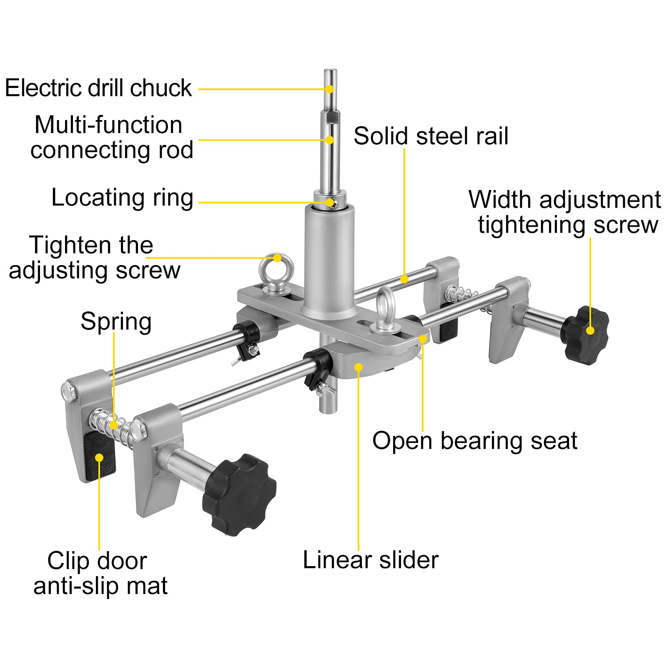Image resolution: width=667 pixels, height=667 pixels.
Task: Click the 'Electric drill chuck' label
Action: [98, 88]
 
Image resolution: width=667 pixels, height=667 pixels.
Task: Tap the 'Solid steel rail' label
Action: [431, 136]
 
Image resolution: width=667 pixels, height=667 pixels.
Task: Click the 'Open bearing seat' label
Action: [474, 441]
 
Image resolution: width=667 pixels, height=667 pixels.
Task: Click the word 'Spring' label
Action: [116, 321]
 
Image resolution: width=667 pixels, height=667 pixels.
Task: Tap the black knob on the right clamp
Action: [586, 335]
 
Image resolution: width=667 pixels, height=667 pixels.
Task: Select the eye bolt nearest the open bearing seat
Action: [386, 311]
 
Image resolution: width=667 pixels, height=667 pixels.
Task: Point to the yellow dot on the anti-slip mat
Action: [99, 458]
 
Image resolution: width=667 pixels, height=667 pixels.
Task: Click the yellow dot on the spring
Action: [114, 425]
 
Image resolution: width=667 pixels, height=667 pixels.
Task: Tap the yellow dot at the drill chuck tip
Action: [330, 89]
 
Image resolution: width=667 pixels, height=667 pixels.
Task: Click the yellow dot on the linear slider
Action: [359, 367]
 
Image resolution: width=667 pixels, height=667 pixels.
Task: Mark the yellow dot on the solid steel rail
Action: [404, 279]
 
